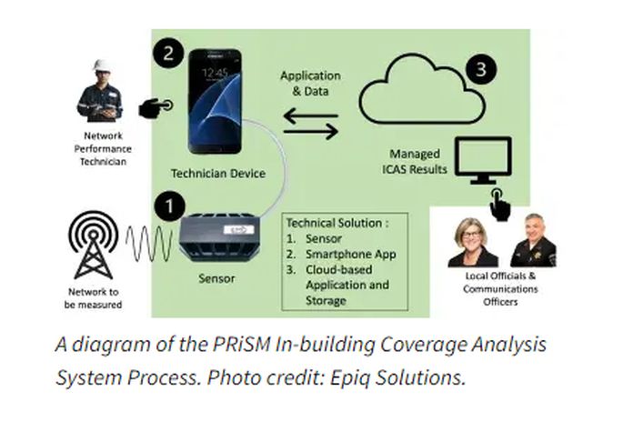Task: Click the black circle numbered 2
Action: point(168,54)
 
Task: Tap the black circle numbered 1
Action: point(169,206)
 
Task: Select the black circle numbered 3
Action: point(481,69)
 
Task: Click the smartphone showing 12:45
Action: point(216,101)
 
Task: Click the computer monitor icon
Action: point(483,160)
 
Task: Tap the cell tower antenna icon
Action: point(94,245)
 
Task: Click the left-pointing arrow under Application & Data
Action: point(311,116)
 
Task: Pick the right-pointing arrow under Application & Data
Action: point(311,131)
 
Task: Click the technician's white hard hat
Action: point(101,65)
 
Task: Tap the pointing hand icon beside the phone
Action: point(156,107)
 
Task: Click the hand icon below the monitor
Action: point(500,206)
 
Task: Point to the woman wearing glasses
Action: point(472,242)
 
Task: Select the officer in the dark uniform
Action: point(534,241)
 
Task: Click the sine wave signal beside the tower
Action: point(150,244)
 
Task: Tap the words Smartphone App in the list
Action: point(350,254)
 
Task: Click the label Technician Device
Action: point(218,174)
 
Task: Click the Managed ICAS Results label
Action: point(415,161)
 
